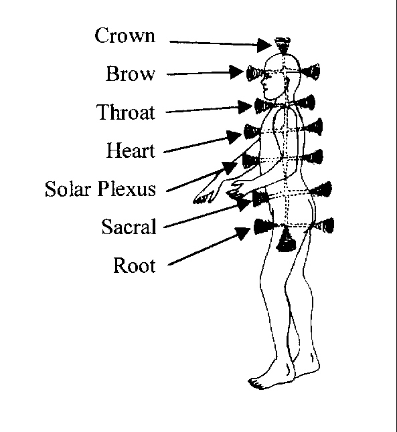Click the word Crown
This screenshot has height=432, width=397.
pos(125,35)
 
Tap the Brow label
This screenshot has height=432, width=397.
pos(131,74)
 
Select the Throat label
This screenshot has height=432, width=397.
pos(126,112)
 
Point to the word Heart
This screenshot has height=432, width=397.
pos(131,150)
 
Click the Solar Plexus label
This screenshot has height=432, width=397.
pos(100,189)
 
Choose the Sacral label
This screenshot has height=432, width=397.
pos(129,227)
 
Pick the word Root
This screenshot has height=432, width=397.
pos(135,265)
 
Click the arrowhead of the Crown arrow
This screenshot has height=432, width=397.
pos(264,45)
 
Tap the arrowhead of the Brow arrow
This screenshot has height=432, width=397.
pos(237,72)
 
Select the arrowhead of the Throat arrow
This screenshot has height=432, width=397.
pos(245,107)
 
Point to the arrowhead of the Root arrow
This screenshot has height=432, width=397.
pos(244,233)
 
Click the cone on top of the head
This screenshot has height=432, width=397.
pos(283,45)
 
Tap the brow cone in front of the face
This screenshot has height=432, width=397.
pos(255,73)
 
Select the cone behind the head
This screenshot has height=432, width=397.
pos(311,72)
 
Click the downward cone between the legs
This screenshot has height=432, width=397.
pos(286,241)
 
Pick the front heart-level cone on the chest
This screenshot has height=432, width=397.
pos(252,132)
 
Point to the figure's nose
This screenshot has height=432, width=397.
pos(262,81)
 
